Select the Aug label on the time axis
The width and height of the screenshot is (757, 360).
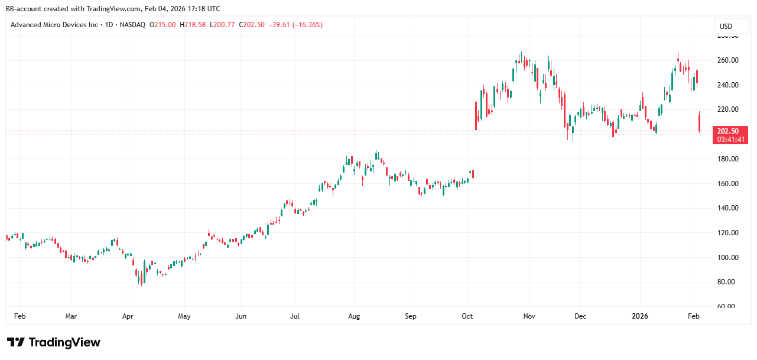click(x=353, y=316)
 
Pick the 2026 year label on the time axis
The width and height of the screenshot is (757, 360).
click(x=640, y=316)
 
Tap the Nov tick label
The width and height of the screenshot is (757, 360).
click(x=529, y=316)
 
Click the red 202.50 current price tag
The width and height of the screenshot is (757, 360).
click(x=731, y=131)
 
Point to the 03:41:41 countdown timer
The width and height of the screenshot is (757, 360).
click(x=731, y=140)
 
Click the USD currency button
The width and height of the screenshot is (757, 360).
click(x=726, y=26)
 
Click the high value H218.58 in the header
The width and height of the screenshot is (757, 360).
click(x=193, y=25)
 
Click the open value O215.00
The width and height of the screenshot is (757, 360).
click(x=163, y=25)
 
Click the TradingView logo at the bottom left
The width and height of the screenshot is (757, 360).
click(x=54, y=342)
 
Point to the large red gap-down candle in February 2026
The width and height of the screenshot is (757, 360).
click(x=700, y=122)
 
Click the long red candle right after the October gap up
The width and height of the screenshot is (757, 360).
click(x=476, y=115)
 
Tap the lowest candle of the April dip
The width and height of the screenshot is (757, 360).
click(x=140, y=277)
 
